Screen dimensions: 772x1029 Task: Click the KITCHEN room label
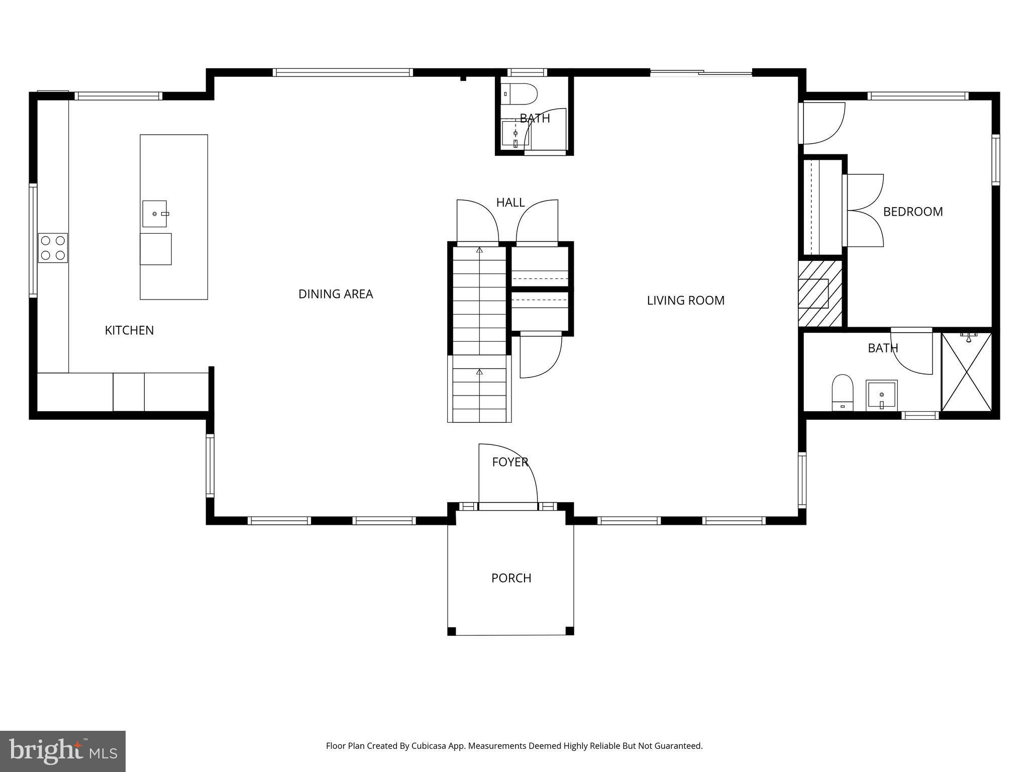click(129, 330)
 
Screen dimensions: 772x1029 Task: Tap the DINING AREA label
click(336, 294)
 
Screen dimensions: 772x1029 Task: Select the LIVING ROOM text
click(685, 301)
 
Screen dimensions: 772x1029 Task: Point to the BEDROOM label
click(912, 212)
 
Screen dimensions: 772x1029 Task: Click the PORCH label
click(511, 578)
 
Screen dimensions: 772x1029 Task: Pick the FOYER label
click(510, 462)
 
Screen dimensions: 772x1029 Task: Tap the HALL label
click(510, 203)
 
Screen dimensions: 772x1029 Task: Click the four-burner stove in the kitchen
click(53, 248)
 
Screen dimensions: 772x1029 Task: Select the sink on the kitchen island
click(155, 214)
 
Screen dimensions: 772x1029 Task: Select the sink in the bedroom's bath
click(881, 395)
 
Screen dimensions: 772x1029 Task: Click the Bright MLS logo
click(63, 751)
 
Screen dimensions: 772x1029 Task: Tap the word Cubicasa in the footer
click(429, 746)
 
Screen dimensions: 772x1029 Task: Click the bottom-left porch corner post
click(452, 631)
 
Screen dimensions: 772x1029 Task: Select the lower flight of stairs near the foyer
click(479, 389)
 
